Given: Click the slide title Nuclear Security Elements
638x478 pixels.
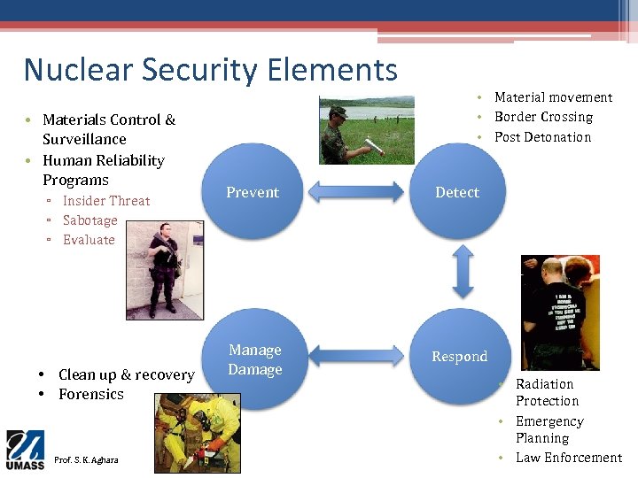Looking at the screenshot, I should click(211, 70).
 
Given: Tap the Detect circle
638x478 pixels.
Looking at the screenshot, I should click(457, 192).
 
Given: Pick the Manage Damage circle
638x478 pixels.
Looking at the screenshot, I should click(254, 359).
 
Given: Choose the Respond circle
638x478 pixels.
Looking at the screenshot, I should click(459, 357).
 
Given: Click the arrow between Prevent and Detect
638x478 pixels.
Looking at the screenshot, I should click(354, 192).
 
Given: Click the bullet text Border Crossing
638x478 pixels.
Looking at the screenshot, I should click(543, 117).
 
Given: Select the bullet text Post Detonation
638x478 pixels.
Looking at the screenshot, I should click(542, 137).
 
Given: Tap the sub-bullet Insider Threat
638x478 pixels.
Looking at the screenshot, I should click(106, 201).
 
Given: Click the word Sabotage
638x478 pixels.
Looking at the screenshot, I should click(89, 220).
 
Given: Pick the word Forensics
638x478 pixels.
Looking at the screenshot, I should click(91, 394).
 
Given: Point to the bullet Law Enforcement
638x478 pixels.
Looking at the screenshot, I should click(569, 458).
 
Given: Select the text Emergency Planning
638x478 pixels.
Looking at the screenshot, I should click(549, 429).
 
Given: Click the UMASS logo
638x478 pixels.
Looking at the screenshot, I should click(25, 450).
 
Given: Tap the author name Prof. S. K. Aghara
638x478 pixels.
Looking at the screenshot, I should click(86, 459).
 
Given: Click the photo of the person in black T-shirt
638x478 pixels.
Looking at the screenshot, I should click(559, 312).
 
